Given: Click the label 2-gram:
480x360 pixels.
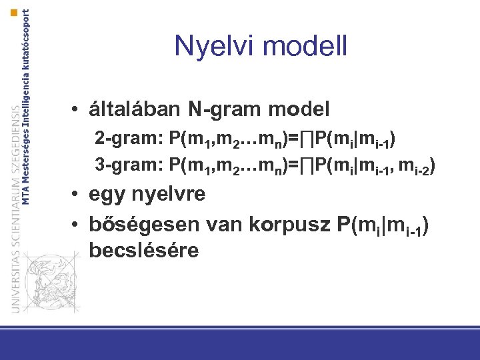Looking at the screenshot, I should click(129, 140).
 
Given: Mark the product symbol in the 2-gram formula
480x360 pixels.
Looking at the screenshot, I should click(306, 140).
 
